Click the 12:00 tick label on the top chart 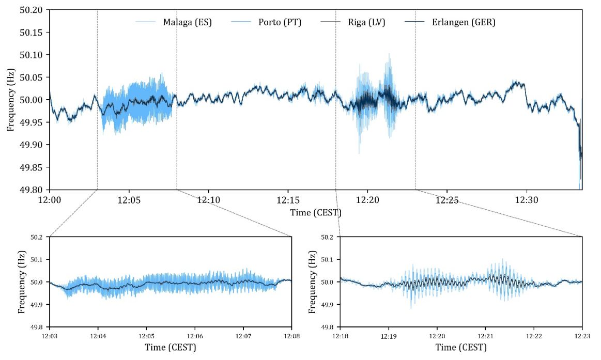(50, 199)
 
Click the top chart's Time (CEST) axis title (316, 212)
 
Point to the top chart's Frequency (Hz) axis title (10, 99)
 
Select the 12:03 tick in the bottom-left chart (50, 335)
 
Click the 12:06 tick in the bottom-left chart (195, 335)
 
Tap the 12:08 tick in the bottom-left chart (291, 335)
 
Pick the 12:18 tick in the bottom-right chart (341, 335)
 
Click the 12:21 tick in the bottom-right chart (485, 335)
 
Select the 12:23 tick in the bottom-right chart (582, 335)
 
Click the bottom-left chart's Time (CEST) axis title (171, 348)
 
